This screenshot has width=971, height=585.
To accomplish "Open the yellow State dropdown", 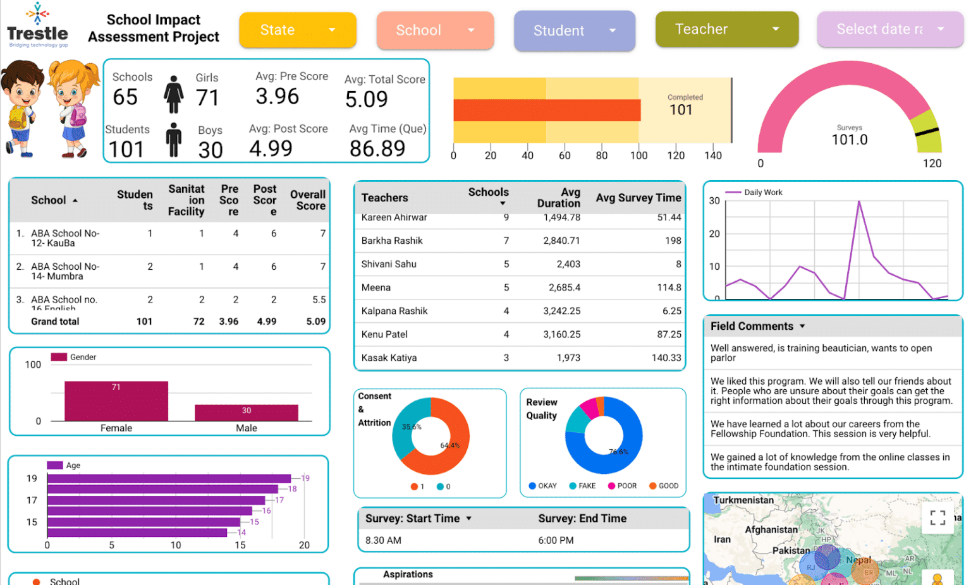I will pos(297,30).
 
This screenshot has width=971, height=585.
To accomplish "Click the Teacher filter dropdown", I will pos(726,29).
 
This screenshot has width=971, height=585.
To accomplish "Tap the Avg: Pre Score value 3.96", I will pos(277,97).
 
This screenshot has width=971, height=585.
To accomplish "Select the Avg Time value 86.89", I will pos(377,148).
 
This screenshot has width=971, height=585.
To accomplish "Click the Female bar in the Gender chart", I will pos(116,401).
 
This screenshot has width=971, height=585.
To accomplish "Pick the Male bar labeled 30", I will pos(246,413).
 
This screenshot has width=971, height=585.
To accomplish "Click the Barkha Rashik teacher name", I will pos(392,241).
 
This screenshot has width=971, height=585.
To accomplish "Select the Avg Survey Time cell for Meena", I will pos(669,287).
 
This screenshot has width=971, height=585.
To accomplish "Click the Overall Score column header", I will pos(308,200).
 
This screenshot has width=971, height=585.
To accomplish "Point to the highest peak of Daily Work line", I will pos(858,202).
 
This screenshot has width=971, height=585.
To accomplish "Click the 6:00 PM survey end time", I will pos(556,541).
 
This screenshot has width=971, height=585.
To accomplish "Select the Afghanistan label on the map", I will pos(771,530).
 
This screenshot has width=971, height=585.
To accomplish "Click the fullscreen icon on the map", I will pos(937,518).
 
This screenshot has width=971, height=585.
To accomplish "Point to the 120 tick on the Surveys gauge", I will pos(932,163).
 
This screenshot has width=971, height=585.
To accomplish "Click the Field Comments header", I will pos(752,326).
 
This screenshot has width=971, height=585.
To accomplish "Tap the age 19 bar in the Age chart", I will pos(169,478).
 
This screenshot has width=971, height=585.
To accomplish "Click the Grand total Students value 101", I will pos(144,322).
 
